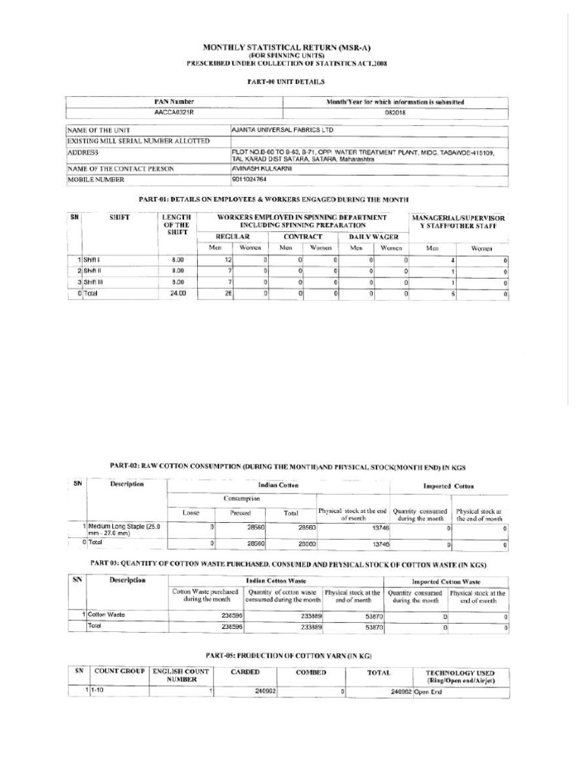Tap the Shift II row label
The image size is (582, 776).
pos(93,271)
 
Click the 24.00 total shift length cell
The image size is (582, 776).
pos(177,293)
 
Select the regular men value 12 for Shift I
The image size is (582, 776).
pos(227,260)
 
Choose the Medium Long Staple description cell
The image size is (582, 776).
pos(124,529)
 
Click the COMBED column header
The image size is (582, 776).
pos(311,672)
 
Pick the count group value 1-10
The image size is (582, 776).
pos(97,691)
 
